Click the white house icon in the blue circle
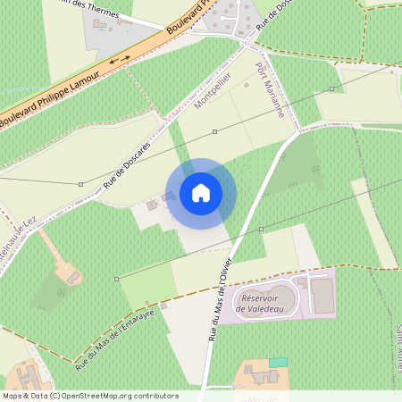click(x=201, y=193)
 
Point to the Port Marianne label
click(x=269, y=93)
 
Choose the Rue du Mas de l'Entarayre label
click(x=115, y=339)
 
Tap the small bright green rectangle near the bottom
click(x=279, y=362)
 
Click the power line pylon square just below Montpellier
click(x=214, y=131)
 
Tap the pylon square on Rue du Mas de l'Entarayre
click(x=116, y=279)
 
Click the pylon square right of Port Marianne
click(x=331, y=89)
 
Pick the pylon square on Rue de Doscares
click(x=80, y=184)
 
